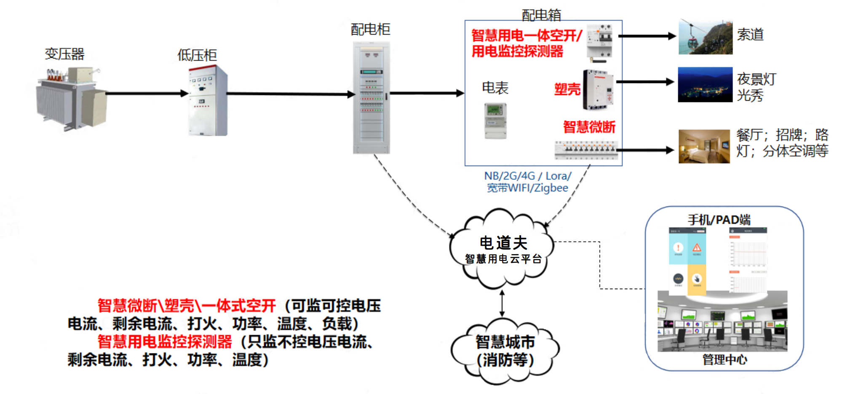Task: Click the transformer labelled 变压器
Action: tap(71, 99)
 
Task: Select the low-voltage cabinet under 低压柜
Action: tap(208, 101)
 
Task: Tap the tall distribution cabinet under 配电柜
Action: tap(371, 98)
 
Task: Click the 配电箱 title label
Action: tap(541, 15)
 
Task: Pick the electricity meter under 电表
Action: tap(495, 121)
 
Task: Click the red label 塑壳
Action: tap(567, 89)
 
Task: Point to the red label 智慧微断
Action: tap(589, 126)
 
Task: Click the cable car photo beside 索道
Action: tap(705, 37)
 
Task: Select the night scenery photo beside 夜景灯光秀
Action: tap(705, 84)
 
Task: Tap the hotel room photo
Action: tap(704, 146)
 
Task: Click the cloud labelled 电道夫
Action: tap(503, 249)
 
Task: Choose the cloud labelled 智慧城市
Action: tap(505, 352)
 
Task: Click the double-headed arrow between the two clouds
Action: tap(502, 303)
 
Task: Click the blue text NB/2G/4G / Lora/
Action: tap(527, 176)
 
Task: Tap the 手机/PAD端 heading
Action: tap(719, 220)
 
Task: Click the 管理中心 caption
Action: tap(724, 359)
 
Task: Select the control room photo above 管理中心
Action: tap(722, 322)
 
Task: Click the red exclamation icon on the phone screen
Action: tap(678, 247)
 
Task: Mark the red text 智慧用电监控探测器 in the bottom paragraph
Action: tap(165, 341)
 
